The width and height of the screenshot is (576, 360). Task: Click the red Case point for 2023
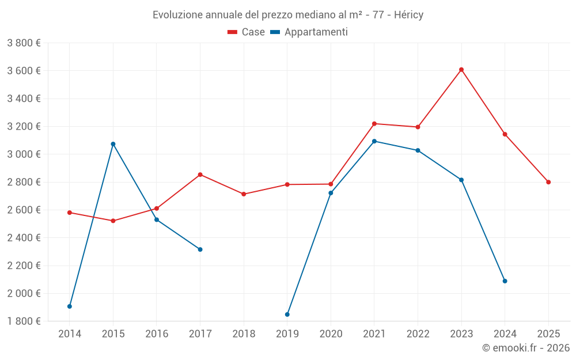click(461, 70)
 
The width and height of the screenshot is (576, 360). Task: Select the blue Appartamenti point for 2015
click(113, 144)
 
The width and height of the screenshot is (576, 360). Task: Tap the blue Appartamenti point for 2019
click(287, 314)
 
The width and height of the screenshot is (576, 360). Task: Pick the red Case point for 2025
click(548, 182)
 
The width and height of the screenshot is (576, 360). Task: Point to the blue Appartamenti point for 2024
click(505, 281)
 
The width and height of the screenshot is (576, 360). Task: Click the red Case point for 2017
click(200, 175)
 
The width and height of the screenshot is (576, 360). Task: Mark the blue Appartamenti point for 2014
click(70, 306)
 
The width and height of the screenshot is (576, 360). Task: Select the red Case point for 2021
click(374, 124)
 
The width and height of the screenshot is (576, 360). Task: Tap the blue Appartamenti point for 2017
click(200, 249)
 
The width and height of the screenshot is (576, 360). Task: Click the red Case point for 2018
click(244, 194)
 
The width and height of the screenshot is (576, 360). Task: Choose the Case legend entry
click(247, 32)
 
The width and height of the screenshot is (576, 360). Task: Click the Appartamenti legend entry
click(309, 32)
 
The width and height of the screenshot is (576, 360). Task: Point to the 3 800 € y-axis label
click(24, 43)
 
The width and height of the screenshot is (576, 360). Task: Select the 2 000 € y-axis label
click(24, 293)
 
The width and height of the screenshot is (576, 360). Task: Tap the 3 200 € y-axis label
click(24, 127)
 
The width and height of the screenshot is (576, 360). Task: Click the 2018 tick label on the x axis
click(244, 334)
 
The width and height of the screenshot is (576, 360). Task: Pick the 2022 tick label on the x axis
click(418, 334)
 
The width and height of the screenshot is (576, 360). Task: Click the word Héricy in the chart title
click(406, 15)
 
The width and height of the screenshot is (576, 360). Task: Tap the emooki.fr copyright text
click(526, 348)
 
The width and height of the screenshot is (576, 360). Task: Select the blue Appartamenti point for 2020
click(331, 193)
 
